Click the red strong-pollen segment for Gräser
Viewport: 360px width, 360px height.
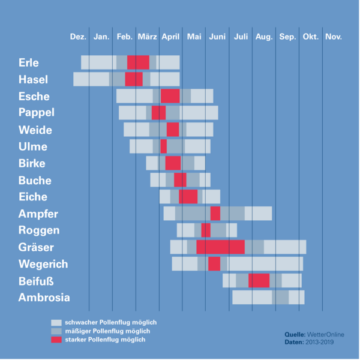coord(220,247)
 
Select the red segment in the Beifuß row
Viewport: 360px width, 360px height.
coord(259,280)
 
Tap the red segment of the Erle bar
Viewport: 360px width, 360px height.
coord(138,62)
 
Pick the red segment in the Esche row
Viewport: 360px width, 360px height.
coord(170,96)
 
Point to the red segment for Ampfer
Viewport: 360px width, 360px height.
coord(215,213)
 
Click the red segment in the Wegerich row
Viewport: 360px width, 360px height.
coord(214,263)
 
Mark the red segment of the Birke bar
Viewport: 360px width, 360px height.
coord(173,163)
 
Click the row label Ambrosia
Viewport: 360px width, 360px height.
coord(44,298)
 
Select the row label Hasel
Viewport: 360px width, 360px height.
coord(33,79)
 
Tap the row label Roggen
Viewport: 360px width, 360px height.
coord(39,230)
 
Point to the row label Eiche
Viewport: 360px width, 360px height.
coord(33,197)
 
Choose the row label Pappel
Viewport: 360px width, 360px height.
coord(37,113)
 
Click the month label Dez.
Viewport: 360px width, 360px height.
coord(78,37)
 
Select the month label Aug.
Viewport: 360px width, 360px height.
coord(264,37)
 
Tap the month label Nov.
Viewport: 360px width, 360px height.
coord(334,37)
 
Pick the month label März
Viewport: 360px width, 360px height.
coord(148,37)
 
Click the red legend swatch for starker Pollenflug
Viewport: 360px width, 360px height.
coord(56,340)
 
